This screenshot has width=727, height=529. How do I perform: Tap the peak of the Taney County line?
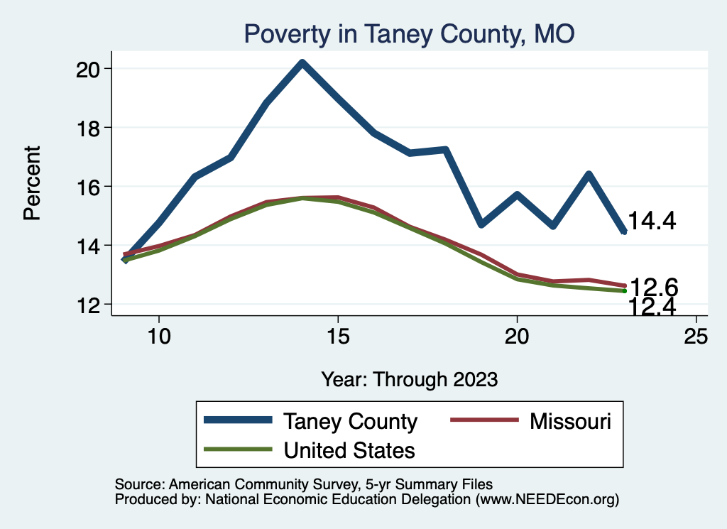pos(302,62)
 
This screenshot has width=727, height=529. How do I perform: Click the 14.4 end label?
pos(651,222)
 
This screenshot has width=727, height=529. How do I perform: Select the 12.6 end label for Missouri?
pos(654,287)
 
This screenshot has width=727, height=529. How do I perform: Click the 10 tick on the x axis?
pos(159,337)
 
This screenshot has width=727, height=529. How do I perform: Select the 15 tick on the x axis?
pos(338,337)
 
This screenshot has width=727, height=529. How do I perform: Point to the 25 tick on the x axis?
pos(696,337)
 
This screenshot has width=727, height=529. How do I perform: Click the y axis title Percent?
pos(33,182)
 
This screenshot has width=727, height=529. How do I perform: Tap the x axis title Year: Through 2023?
pos(409,378)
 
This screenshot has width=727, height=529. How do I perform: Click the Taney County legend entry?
pos(350,421)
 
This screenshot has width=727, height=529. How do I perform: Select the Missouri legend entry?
pos(570,421)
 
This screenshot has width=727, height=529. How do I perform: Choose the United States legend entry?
pos(349,449)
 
